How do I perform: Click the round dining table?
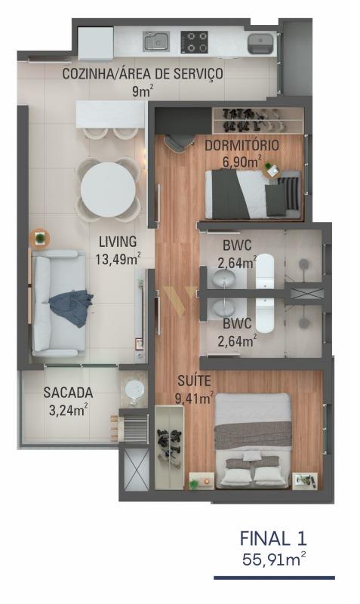[x=108, y=190]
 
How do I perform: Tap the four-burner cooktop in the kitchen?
[x=195, y=42]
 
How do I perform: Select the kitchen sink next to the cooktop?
[x=156, y=42]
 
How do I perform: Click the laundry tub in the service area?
[x=260, y=44]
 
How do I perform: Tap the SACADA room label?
[x=68, y=393]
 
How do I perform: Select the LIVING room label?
[x=118, y=242]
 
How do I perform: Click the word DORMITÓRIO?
[x=242, y=145]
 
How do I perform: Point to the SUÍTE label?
[x=194, y=381]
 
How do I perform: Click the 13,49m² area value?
[x=118, y=259]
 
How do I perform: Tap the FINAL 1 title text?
[x=273, y=538]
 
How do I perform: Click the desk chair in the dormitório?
[x=179, y=142]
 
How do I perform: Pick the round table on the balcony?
[x=134, y=390]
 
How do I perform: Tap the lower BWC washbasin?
[x=223, y=308]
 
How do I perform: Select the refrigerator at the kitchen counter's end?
[x=96, y=43]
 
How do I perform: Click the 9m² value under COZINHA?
[x=143, y=91]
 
